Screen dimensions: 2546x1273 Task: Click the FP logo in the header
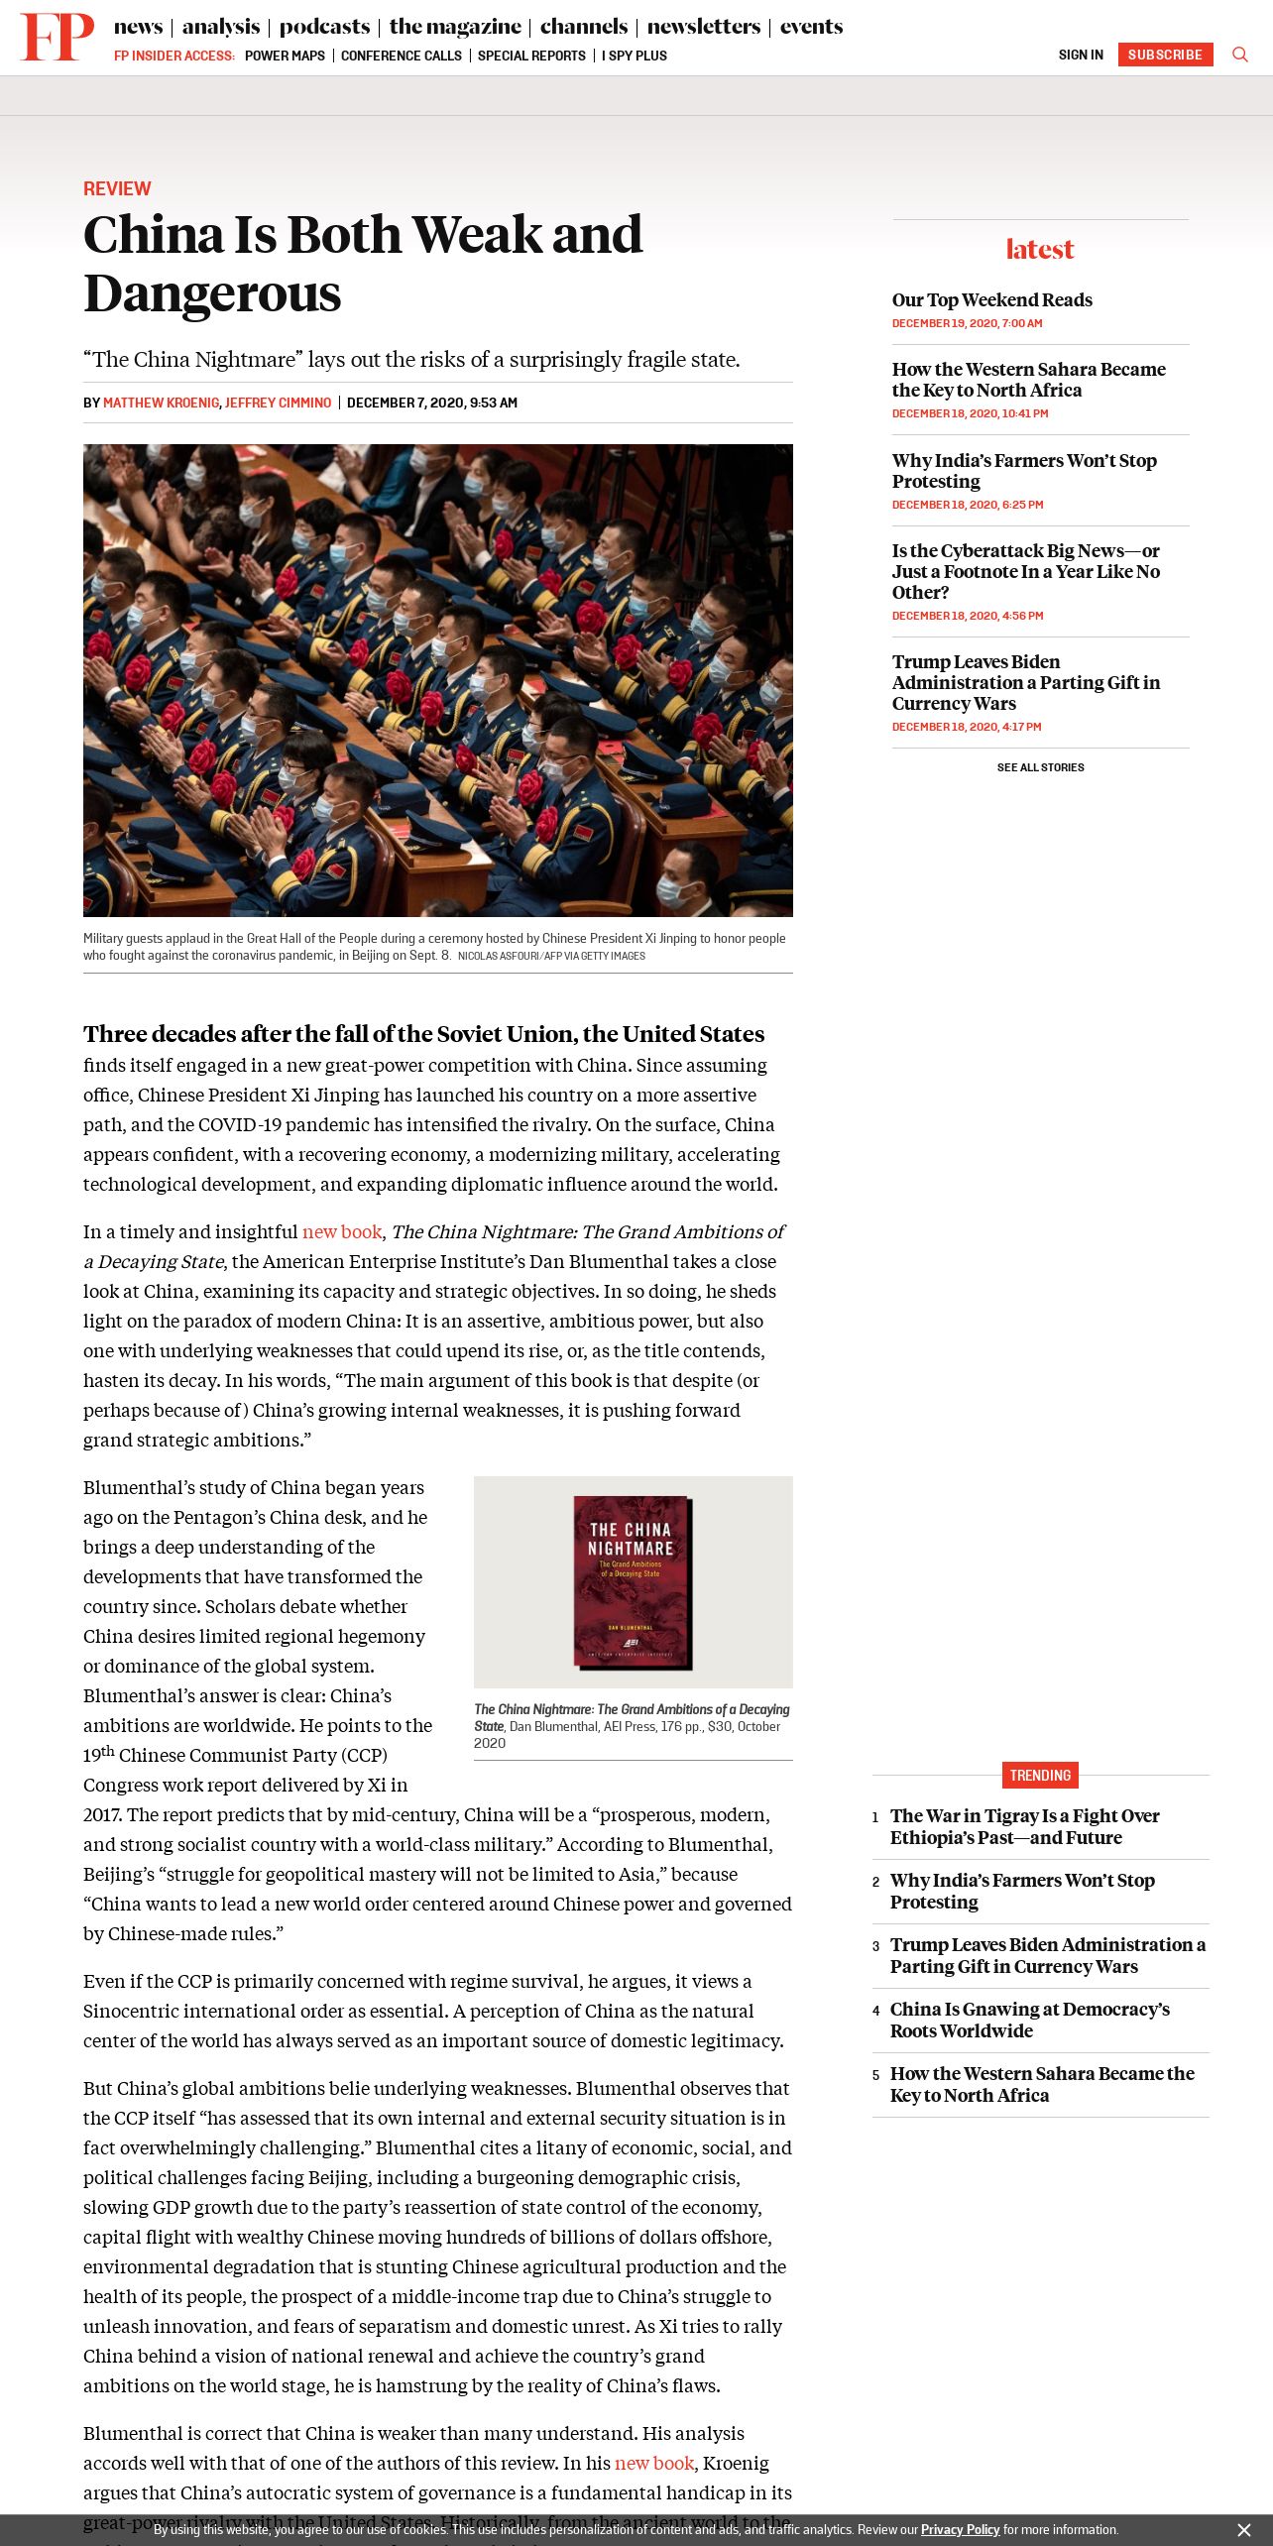tap(57, 37)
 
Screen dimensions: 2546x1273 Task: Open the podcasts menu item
tap(324, 27)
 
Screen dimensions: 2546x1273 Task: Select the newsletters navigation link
tap(703, 27)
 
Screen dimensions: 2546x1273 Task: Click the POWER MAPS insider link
tap(285, 57)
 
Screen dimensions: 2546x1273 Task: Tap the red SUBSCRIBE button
tap(1165, 55)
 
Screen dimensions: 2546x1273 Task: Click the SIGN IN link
tap(1081, 56)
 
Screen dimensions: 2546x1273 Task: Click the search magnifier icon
tap(1239, 55)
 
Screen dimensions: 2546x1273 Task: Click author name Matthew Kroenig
tap(161, 404)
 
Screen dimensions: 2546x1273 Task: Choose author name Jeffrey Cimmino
tap(279, 404)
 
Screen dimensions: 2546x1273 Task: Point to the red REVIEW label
tap(117, 188)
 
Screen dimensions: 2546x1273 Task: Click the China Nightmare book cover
tap(633, 1581)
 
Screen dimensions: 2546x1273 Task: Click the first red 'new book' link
tap(342, 1232)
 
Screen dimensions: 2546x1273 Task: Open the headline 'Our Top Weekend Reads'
tap(991, 300)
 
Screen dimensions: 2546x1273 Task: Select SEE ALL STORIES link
tap(1040, 767)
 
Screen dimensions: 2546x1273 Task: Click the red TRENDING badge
tap(1040, 1775)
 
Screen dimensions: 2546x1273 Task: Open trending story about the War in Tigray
tap(1024, 1826)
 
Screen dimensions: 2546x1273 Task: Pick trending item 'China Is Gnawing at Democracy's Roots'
tap(1029, 2020)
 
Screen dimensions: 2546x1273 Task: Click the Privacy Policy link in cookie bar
tap(960, 2530)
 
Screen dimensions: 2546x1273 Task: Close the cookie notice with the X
tap(1244, 2530)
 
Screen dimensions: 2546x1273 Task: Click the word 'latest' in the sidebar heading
tap(1040, 249)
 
